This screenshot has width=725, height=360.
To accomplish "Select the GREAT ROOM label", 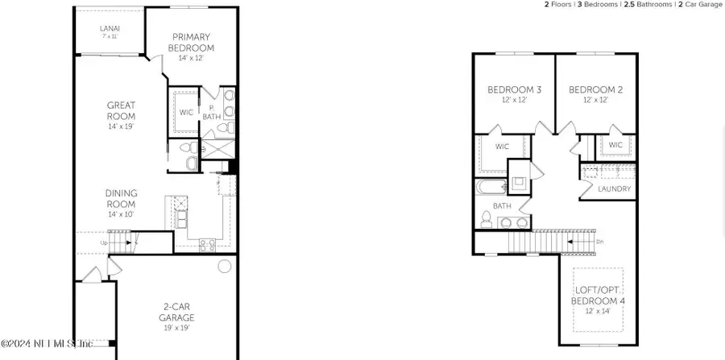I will [x=121, y=110].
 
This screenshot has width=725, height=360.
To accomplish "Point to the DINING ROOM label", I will [x=121, y=198].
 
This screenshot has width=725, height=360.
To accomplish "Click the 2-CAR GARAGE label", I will [x=176, y=312].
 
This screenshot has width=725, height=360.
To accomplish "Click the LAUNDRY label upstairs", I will [x=615, y=189].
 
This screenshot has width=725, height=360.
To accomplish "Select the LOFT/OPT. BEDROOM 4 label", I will [x=598, y=295].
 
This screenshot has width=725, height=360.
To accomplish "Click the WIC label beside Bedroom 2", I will [x=615, y=145].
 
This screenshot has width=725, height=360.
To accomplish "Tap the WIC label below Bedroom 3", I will [x=502, y=147].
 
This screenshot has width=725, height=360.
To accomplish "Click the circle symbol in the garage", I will [x=225, y=265].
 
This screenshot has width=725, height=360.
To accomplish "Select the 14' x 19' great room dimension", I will [x=121, y=126].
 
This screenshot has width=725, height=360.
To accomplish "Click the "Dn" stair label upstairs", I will [x=599, y=241].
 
